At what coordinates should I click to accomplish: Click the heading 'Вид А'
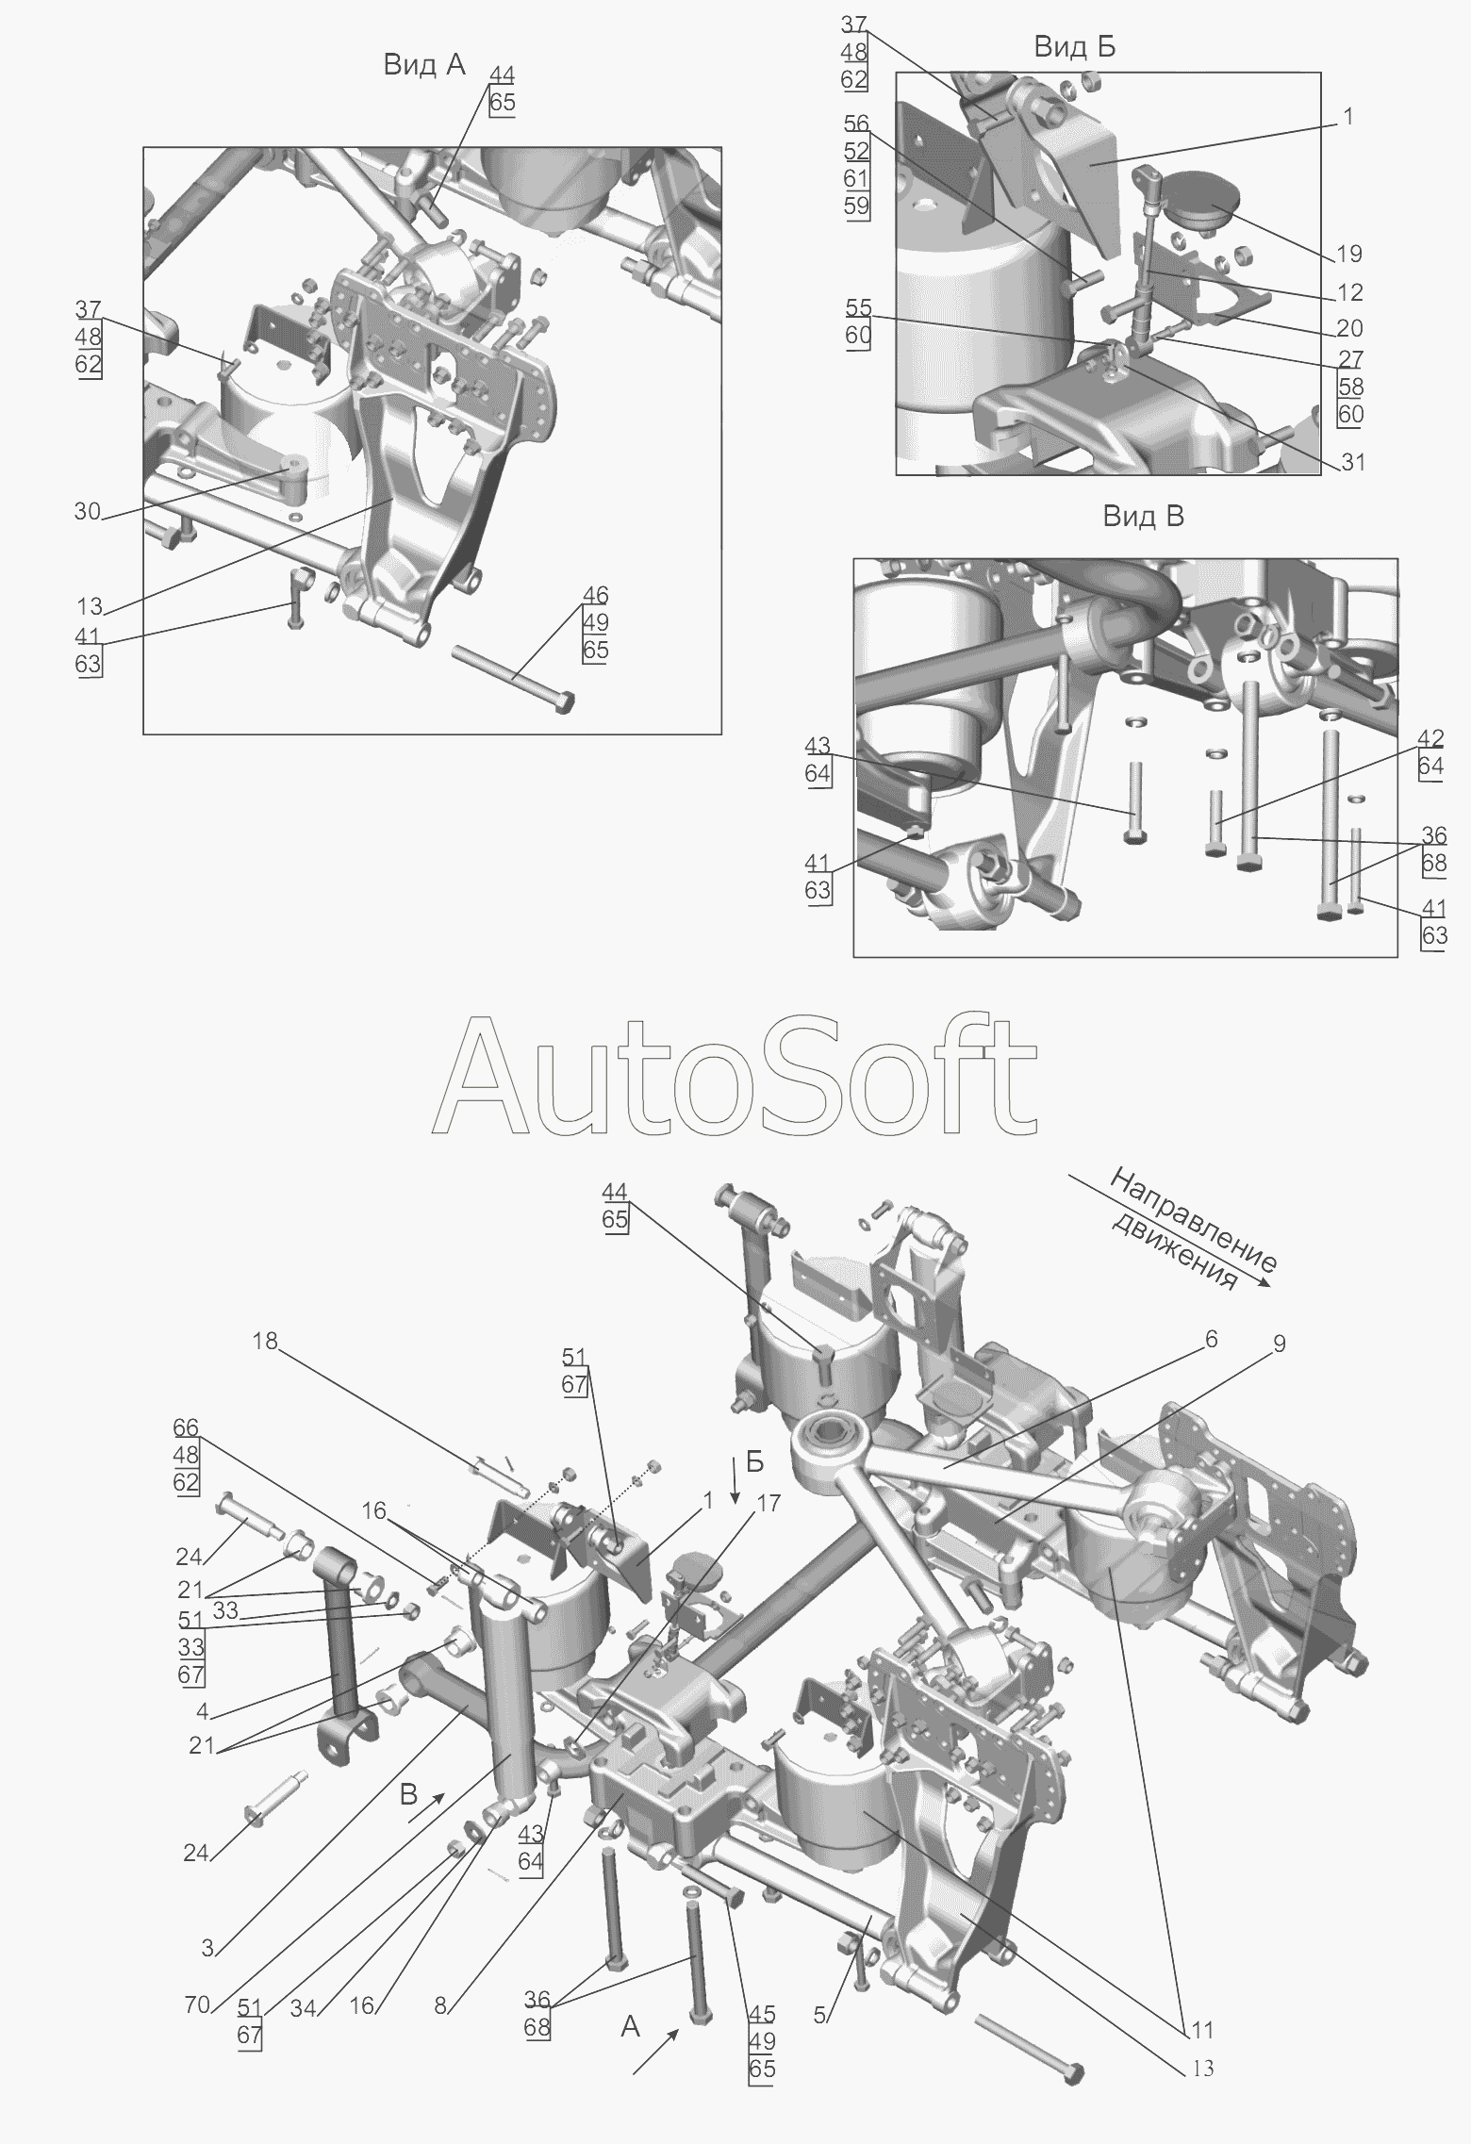(423, 65)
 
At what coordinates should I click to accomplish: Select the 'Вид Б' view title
(1074, 47)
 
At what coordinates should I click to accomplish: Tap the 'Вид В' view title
(1143, 517)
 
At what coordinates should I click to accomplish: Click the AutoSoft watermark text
(735, 1076)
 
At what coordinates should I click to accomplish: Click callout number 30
(88, 512)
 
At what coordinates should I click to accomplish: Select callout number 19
(1349, 254)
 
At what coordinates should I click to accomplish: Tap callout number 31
(1352, 462)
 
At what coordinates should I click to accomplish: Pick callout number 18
(265, 1340)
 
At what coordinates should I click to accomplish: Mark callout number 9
(1279, 1344)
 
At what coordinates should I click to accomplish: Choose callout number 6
(1211, 1339)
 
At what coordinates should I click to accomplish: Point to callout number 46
(595, 596)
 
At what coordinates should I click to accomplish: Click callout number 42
(1431, 739)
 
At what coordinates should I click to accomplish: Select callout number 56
(857, 124)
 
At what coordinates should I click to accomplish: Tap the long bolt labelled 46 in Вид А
(513, 678)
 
